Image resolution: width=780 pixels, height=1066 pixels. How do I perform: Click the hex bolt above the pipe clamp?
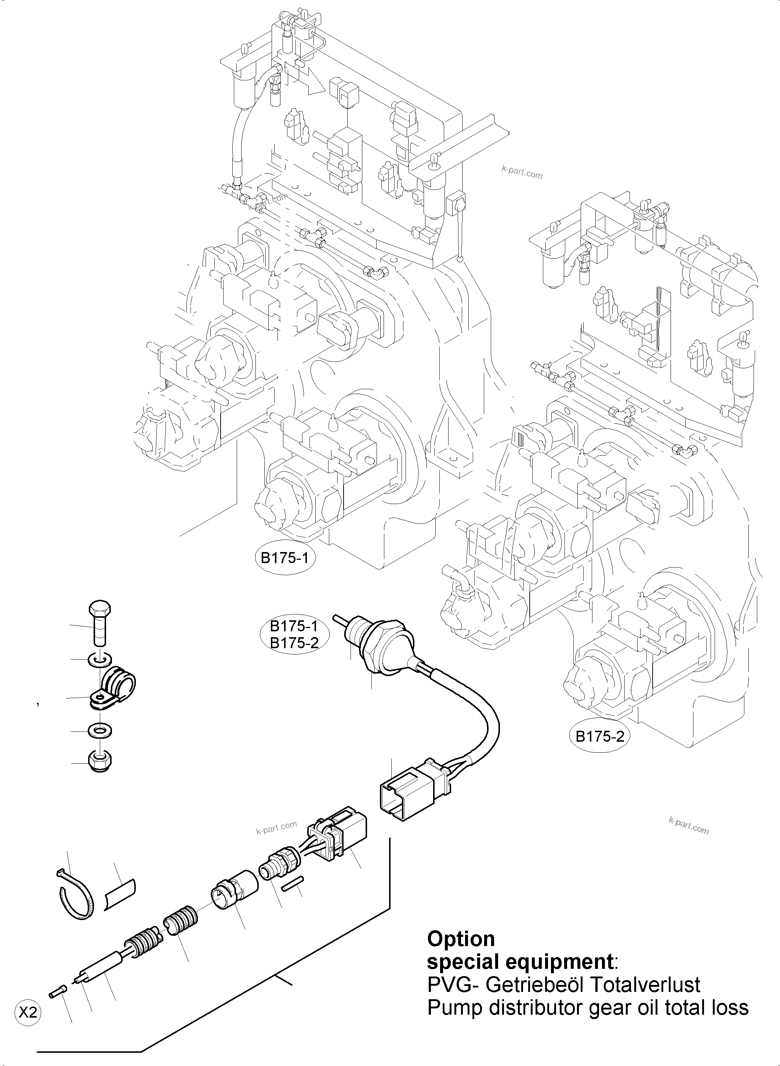[99, 623]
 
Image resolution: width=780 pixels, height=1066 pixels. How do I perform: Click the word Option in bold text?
[460, 939]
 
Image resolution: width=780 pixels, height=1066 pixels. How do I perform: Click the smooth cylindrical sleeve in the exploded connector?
[235, 888]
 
